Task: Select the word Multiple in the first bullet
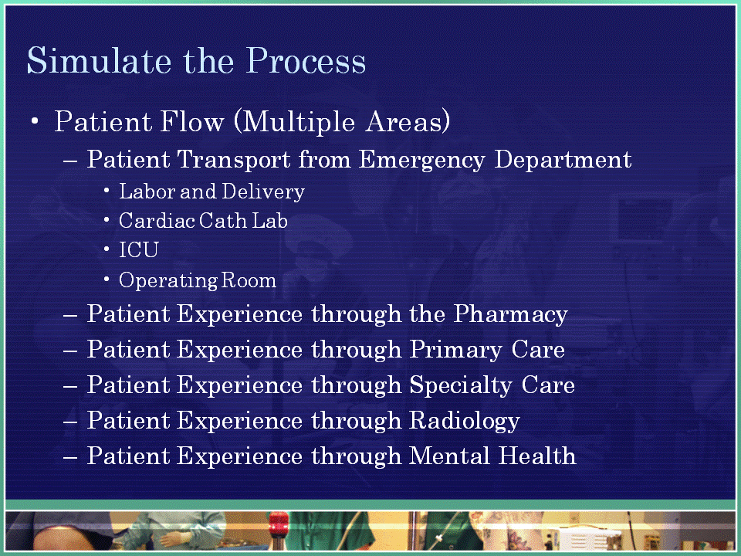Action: pos(294,122)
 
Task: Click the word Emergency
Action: pos(421,160)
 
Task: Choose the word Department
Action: pos(563,160)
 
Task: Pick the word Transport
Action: pos(234,160)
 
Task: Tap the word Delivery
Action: pos(263,192)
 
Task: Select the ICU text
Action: pos(138,250)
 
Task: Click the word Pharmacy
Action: pos(510,314)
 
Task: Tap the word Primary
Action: pos(455,350)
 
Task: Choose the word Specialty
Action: pos(460,385)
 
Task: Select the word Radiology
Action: pos(465,421)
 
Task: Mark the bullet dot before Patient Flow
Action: pos(35,121)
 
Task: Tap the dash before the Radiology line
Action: pos(70,421)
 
